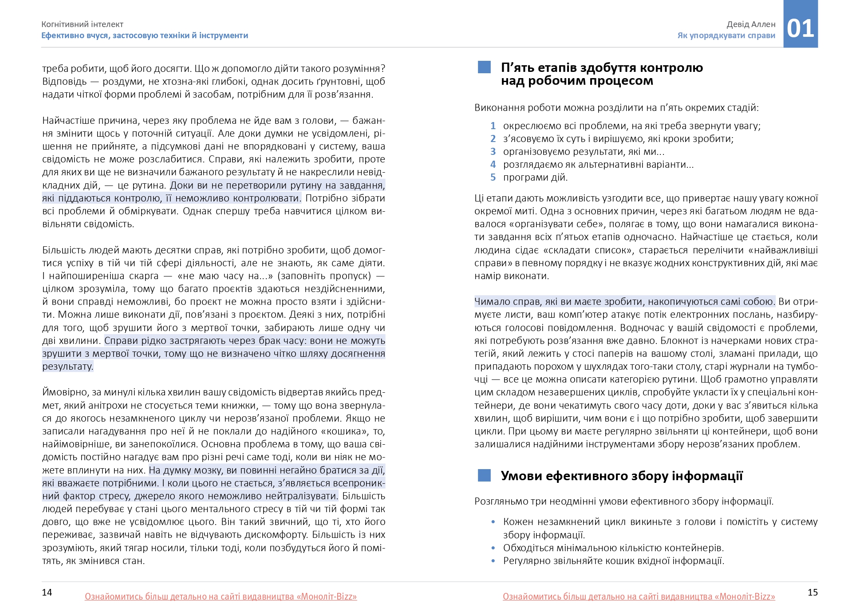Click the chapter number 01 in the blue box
tap(800, 28)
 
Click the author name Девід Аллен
tap(751, 24)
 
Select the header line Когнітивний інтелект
tap(82, 24)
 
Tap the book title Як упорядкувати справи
tap(726, 36)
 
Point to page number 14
tap(47, 592)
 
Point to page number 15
tap(812, 592)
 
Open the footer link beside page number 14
tap(221, 596)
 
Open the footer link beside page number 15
tap(639, 596)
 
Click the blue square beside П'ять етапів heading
tap(484, 67)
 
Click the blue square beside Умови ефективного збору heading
tap(484, 475)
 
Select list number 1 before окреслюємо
tap(493, 126)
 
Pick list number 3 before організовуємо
tap(493, 152)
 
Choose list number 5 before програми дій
tap(493, 178)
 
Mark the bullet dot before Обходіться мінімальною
tap(493, 548)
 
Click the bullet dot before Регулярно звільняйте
tap(493, 561)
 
